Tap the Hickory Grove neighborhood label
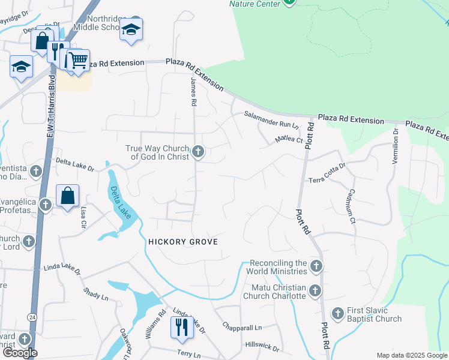182,241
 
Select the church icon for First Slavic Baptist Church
337,314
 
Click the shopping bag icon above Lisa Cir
68,196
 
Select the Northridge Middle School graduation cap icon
131,29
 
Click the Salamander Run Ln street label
271,120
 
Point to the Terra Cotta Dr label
327,172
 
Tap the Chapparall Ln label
243,328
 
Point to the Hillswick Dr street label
262,347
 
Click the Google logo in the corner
20,353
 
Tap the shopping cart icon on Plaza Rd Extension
77,60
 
